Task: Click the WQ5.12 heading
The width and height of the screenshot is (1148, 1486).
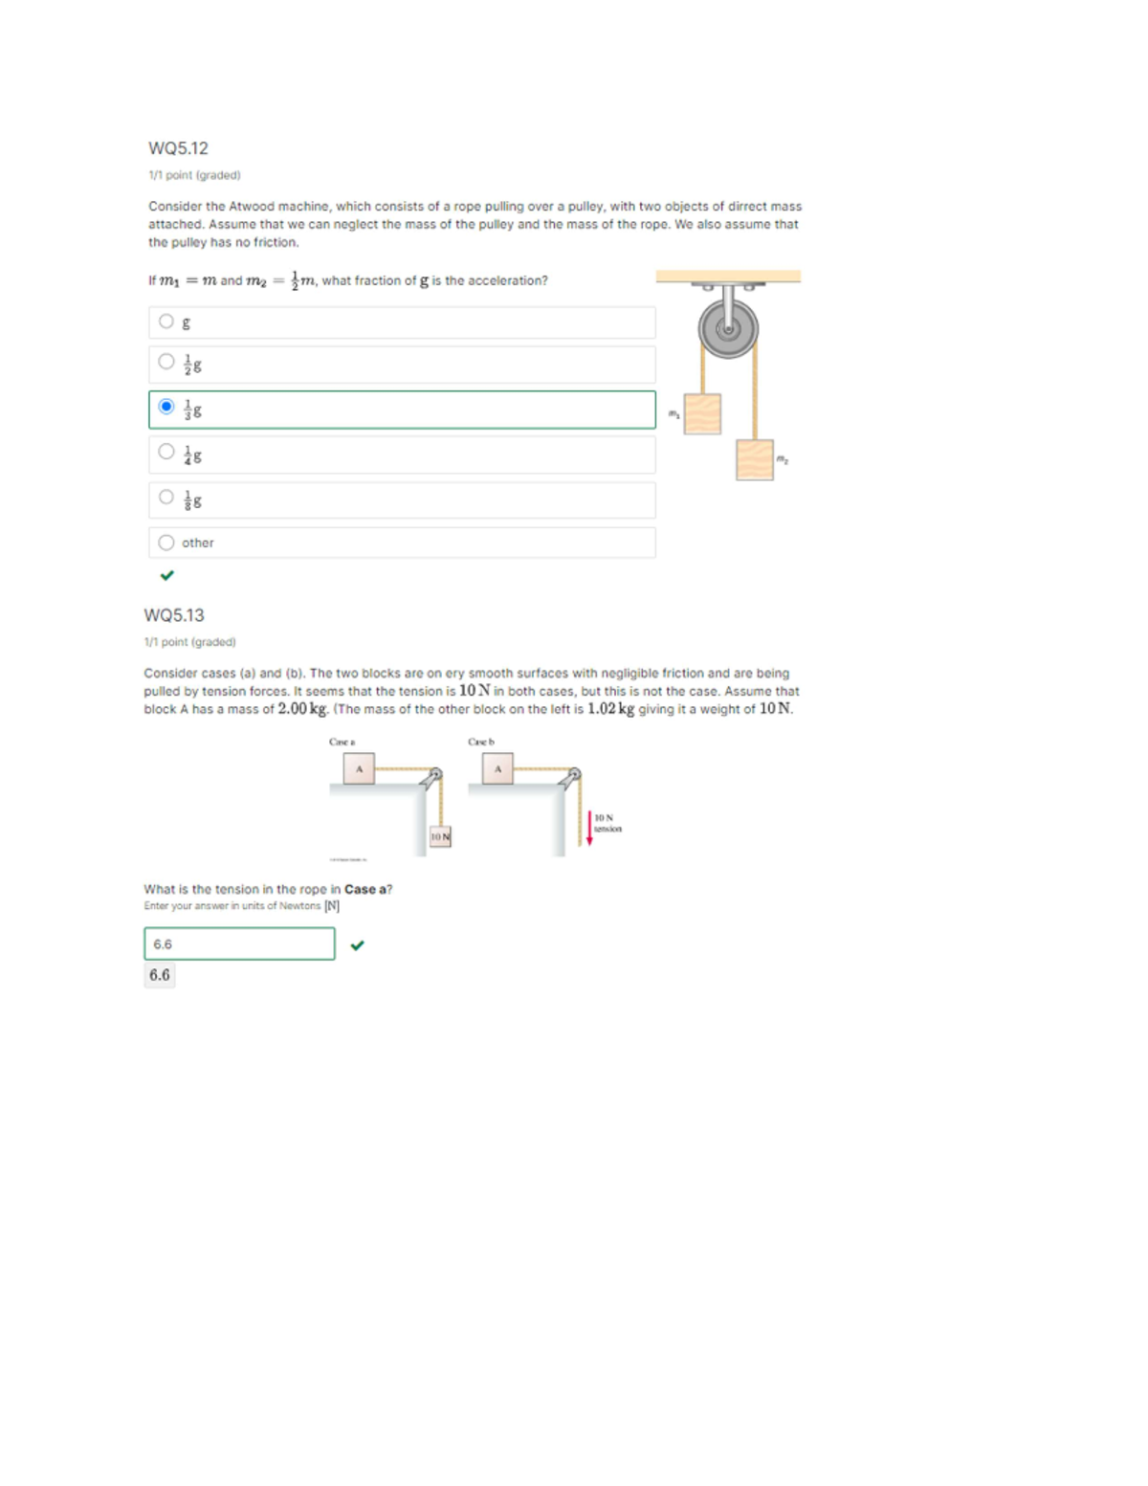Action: [x=178, y=148]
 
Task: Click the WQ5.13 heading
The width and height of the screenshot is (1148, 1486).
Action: [x=174, y=615]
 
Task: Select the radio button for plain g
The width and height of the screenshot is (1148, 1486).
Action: [x=166, y=322]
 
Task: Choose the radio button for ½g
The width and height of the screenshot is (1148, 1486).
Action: [x=166, y=362]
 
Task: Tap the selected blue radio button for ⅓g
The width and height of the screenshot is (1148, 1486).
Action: [x=166, y=407]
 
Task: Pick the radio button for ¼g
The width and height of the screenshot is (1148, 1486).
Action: [x=166, y=452]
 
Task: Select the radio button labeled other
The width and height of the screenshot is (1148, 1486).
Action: [x=166, y=543]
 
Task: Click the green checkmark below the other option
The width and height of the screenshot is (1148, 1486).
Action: [x=167, y=575]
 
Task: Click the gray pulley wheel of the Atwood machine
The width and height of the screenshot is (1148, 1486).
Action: [x=728, y=329]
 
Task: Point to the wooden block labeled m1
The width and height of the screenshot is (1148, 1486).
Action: [x=702, y=413]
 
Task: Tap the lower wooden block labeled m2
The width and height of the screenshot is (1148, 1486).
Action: [x=755, y=459]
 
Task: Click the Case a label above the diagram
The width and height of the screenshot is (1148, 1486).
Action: [x=342, y=742]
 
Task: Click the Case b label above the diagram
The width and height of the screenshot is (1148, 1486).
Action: [x=481, y=742]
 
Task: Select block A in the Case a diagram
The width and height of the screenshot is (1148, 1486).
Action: [x=359, y=768]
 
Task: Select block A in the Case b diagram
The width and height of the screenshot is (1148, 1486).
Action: [x=497, y=768]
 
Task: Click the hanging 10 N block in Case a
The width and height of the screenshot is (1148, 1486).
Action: [x=440, y=837]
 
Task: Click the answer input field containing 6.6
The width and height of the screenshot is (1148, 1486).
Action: [x=239, y=943]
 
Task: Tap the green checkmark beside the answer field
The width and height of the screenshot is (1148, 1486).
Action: [x=357, y=945]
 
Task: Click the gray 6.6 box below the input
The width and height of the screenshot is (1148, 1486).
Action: [x=160, y=975]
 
